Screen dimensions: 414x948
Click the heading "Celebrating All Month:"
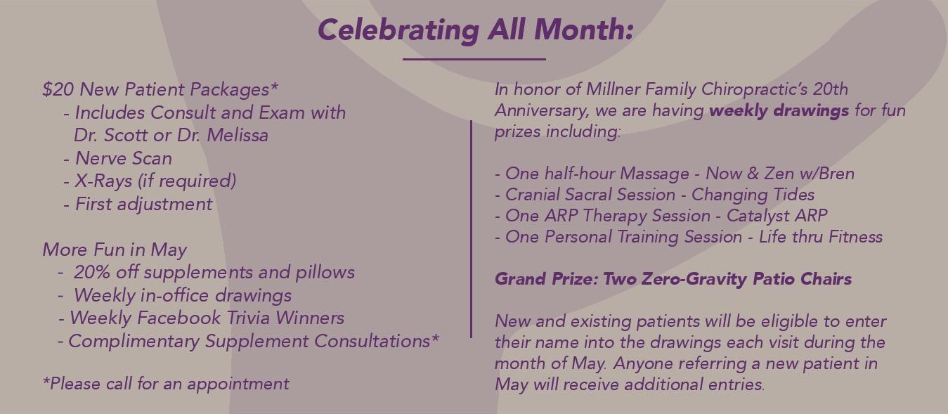tap(475, 30)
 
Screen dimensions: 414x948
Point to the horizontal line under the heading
tap(474, 60)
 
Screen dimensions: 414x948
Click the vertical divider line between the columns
tap(471, 228)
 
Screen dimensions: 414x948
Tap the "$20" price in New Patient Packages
tap(58, 90)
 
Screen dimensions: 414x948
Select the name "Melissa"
tap(236, 135)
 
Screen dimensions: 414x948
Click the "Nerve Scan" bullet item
tap(123, 158)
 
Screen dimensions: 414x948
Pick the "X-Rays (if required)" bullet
tap(155, 181)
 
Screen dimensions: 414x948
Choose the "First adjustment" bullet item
tap(143, 205)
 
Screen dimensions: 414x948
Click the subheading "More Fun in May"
tap(115, 250)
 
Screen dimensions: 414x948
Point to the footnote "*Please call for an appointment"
tap(166, 384)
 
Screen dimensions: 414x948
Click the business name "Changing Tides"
tap(753, 195)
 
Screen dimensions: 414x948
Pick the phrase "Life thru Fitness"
tap(820, 237)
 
